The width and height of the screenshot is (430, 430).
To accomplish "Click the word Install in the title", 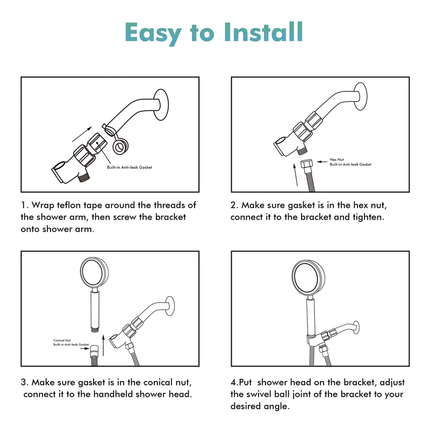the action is click(x=263, y=32).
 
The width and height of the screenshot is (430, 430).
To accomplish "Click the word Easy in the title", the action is click(x=153, y=34).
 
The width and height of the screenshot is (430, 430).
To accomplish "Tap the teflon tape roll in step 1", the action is click(x=120, y=147).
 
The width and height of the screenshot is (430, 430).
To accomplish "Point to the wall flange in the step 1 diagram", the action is click(x=161, y=105).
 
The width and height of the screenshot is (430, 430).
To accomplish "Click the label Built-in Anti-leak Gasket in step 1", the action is click(x=130, y=167).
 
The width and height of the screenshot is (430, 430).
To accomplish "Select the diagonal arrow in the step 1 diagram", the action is click(x=82, y=134).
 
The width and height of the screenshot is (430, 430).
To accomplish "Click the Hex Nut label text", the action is click(x=337, y=159).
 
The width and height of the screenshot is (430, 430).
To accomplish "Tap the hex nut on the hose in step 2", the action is click(x=306, y=164).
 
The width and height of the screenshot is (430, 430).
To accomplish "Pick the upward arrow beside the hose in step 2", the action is click(x=296, y=175).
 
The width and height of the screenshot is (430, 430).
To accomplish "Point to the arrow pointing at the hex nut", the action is click(x=322, y=162).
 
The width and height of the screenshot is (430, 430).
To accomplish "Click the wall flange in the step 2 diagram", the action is click(x=360, y=96).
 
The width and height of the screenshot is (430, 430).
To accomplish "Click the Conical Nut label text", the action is click(x=62, y=340).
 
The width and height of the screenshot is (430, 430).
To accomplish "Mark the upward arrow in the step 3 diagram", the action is click(x=103, y=345).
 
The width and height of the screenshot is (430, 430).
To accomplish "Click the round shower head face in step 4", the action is click(x=308, y=278).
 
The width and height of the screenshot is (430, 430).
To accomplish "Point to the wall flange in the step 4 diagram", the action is click(x=356, y=327).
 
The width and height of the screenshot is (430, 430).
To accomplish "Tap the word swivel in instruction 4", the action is click(x=259, y=395).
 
